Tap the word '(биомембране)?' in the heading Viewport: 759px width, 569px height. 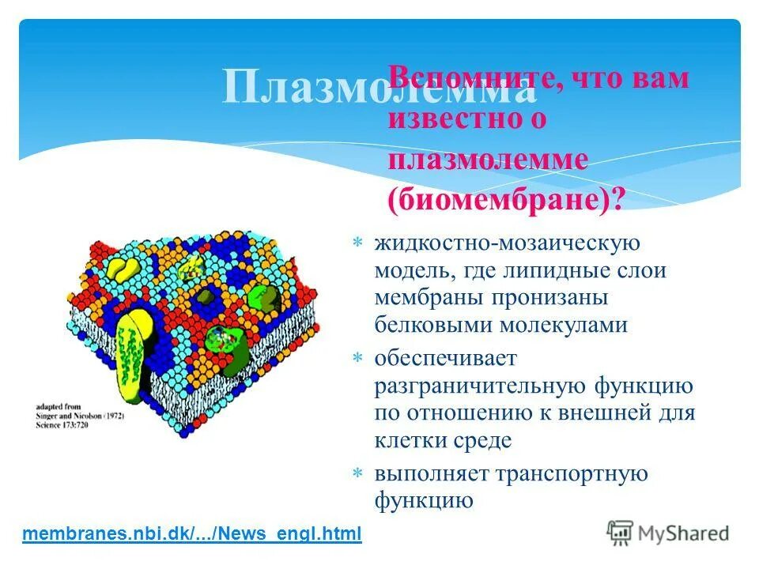(506, 199)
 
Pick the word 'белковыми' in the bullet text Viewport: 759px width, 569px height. (431, 325)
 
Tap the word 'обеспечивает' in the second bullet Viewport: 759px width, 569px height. (445, 358)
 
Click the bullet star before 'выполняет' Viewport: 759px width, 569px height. (357, 473)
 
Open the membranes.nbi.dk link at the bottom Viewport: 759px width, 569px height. (192, 533)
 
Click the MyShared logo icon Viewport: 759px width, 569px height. (620, 531)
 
